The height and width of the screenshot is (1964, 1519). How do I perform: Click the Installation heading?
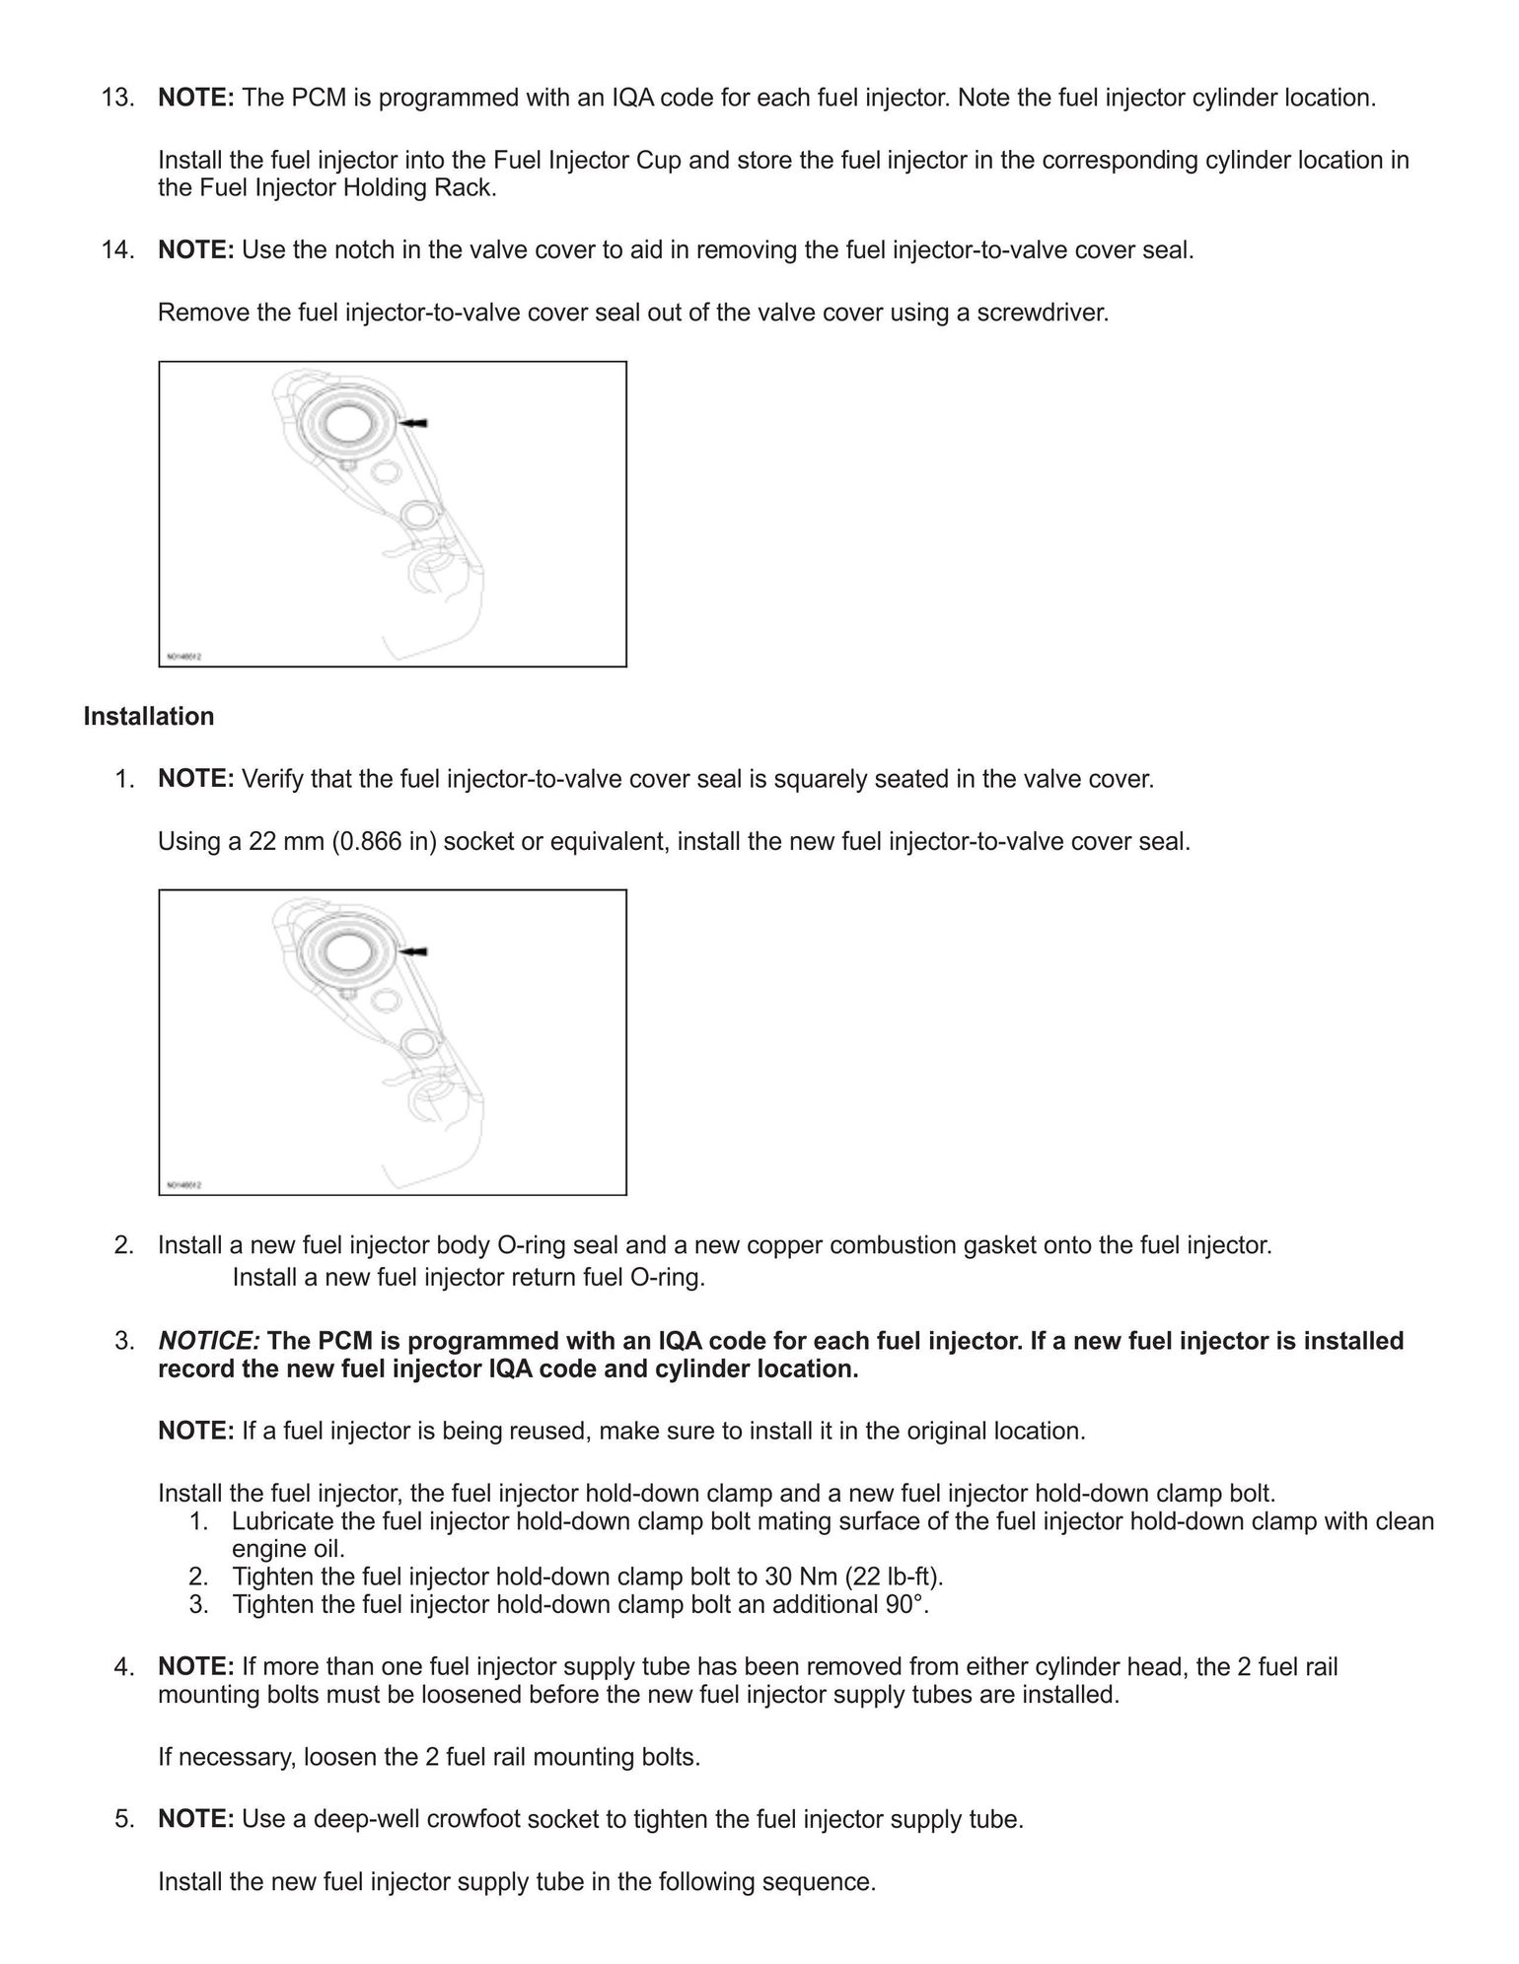[148, 717]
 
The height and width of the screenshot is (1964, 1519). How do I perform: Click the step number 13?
[117, 99]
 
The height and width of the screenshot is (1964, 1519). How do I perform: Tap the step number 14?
[117, 250]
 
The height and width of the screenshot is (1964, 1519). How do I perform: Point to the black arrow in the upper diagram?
[414, 423]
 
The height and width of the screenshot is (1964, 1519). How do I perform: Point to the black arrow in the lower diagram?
[414, 951]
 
